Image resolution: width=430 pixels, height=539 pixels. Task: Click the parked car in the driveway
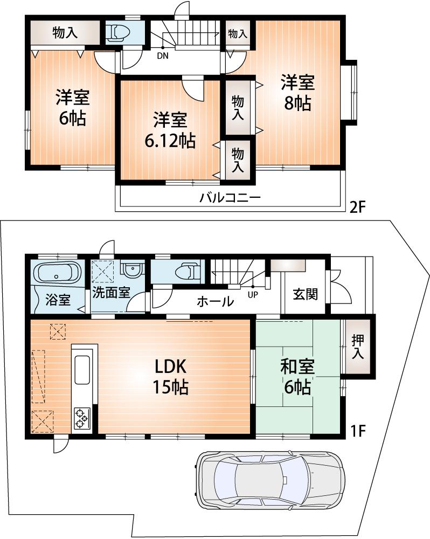tap(271, 479)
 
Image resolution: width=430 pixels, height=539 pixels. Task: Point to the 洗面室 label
tap(110, 293)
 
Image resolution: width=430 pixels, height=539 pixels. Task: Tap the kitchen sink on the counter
tap(82, 370)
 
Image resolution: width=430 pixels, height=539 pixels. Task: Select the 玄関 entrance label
tap(305, 294)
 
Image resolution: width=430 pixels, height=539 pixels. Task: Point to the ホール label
tap(215, 301)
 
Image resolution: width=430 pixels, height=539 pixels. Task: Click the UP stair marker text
tap(252, 295)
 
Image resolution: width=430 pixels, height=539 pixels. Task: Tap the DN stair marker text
tap(162, 55)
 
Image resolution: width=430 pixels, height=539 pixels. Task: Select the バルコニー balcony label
tap(230, 198)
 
